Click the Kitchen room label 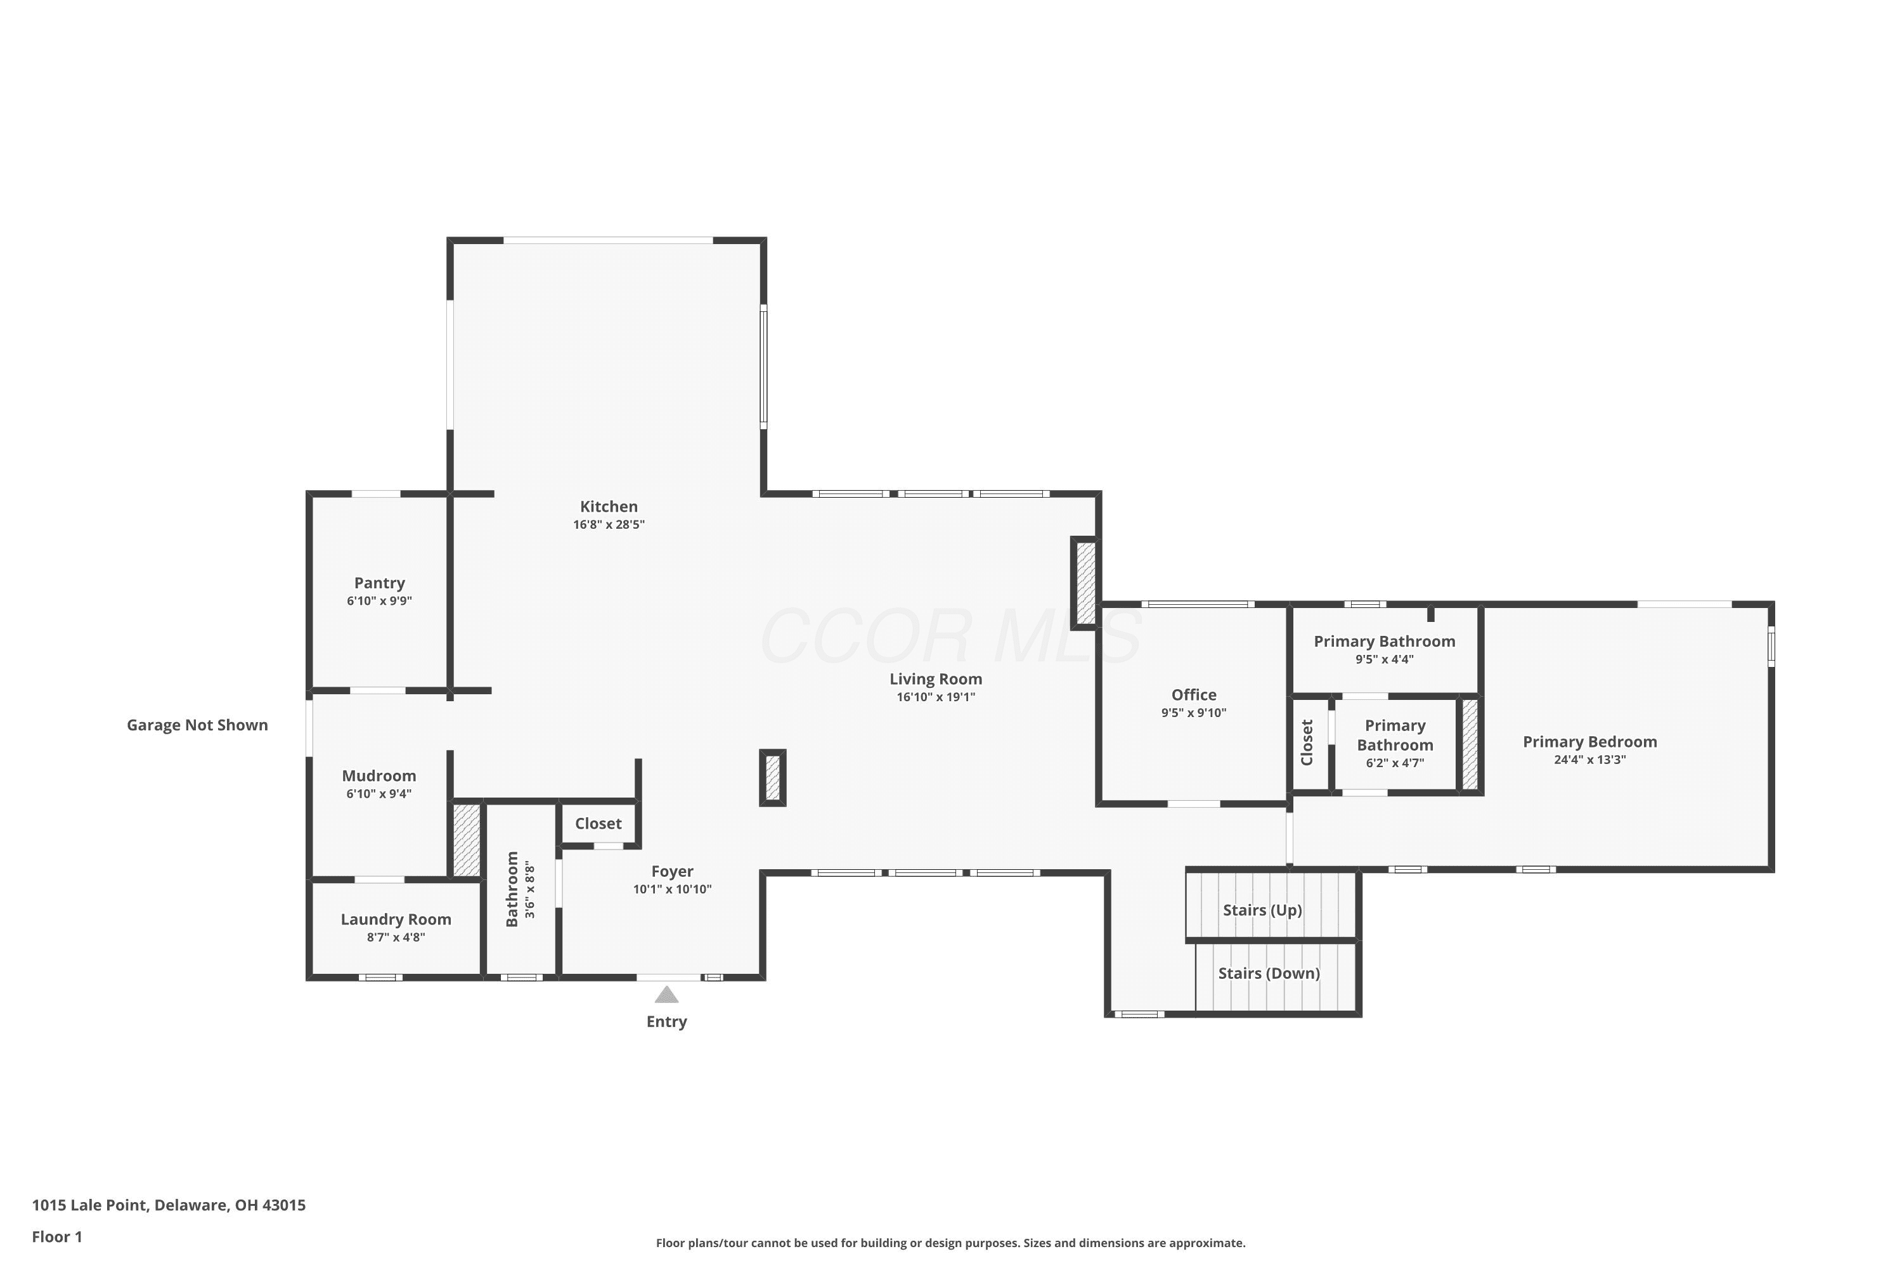[x=608, y=506]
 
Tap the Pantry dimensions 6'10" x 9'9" [x=379, y=601]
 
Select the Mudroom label [x=378, y=775]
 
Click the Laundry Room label [x=396, y=919]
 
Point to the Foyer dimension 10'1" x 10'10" [x=672, y=889]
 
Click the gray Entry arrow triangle [x=666, y=994]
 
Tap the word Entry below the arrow [x=666, y=1021]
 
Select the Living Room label [x=936, y=679]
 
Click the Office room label [x=1194, y=695]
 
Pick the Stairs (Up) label [x=1262, y=910]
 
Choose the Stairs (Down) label [x=1269, y=973]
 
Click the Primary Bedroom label [x=1590, y=742]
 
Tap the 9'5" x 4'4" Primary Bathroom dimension [x=1385, y=659]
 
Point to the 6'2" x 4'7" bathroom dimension [x=1395, y=763]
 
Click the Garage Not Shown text [x=197, y=725]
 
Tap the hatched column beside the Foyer [x=772, y=778]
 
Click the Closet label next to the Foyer [x=598, y=823]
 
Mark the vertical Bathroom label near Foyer [x=512, y=889]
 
